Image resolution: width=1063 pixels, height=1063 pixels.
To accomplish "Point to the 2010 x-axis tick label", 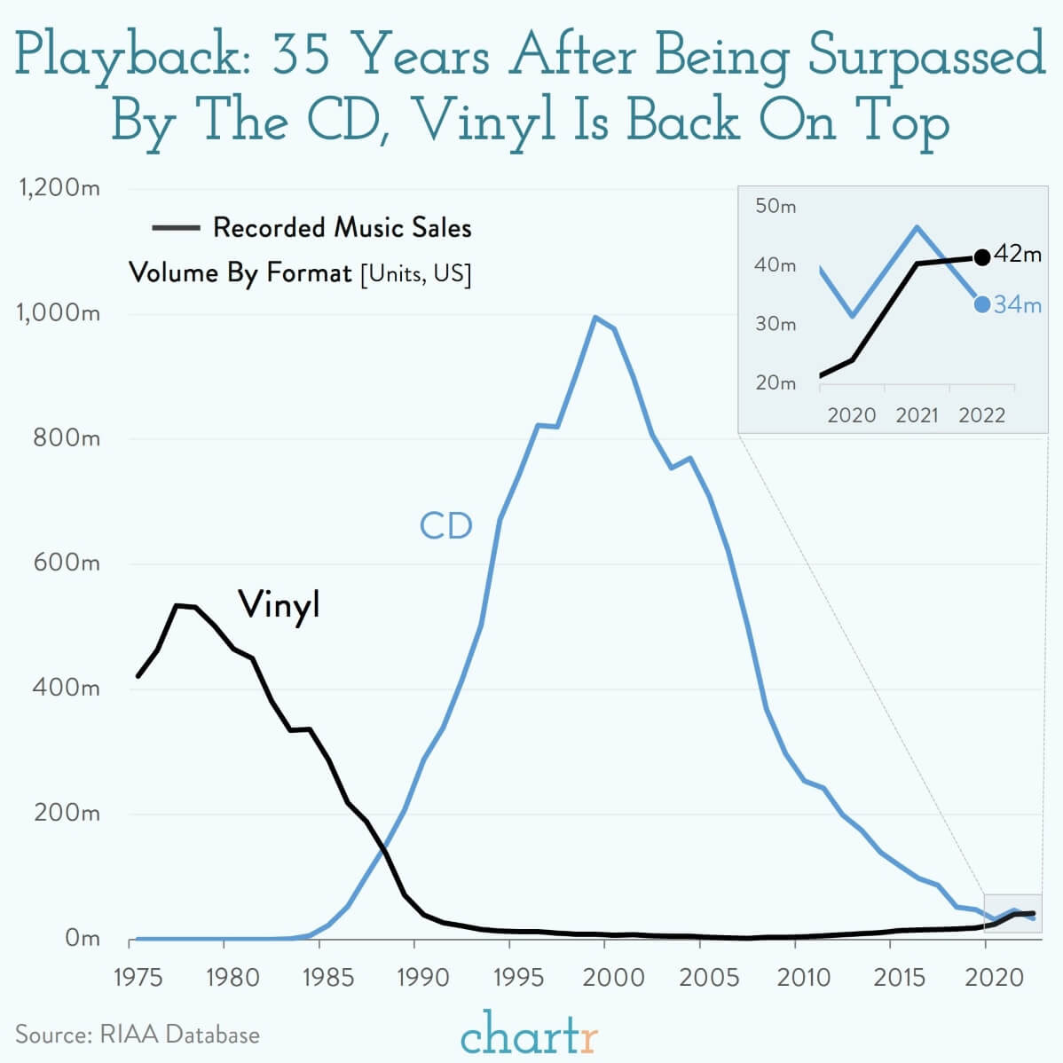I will pyautogui.click(x=803, y=977).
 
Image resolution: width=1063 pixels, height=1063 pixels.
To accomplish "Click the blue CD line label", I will pyautogui.click(x=445, y=526).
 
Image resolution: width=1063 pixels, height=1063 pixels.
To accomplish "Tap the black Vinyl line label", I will pyautogui.click(x=279, y=605).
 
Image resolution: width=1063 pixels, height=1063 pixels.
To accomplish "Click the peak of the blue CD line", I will pyautogui.click(x=594, y=317).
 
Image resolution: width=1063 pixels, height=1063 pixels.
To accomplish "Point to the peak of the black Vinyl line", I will pyautogui.click(x=177, y=605).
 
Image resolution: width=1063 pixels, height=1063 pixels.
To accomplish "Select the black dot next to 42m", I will pyautogui.click(x=981, y=257).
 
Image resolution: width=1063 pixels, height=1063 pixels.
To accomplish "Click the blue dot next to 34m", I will pyautogui.click(x=981, y=304).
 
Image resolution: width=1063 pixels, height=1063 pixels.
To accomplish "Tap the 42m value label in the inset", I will pyautogui.click(x=1017, y=255).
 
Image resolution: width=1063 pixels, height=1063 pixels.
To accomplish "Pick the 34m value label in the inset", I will pyautogui.click(x=1017, y=305).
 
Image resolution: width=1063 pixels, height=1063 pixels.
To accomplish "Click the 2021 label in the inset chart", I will pyautogui.click(x=917, y=415).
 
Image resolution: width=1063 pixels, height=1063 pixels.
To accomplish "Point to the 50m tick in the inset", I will pyautogui.click(x=776, y=206).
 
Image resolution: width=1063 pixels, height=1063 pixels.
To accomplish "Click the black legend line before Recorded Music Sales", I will pyautogui.click(x=175, y=228).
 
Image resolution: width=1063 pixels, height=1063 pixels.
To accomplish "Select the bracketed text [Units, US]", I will pyautogui.click(x=415, y=273).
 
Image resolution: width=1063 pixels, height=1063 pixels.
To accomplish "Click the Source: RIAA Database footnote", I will pyautogui.click(x=138, y=1035).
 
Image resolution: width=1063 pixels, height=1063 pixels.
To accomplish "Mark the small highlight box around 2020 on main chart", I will pyautogui.click(x=1012, y=913).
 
